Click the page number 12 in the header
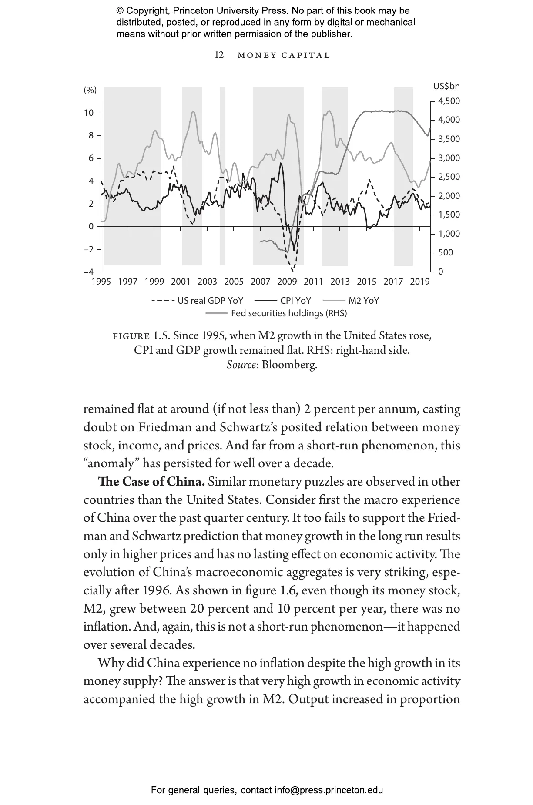tap(219, 55)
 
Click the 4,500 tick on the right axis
tap(449, 101)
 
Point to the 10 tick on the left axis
tap(89, 113)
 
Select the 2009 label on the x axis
tap(287, 282)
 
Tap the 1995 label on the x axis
tap(101, 282)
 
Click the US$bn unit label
tap(446, 87)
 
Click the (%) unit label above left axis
tap(90, 90)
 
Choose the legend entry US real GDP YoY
tap(210, 301)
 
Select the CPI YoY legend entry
tap(295, 301)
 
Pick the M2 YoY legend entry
tap(363, 301)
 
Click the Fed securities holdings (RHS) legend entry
tap(289, 313)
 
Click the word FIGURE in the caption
tap(131, 336)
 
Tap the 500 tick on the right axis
tap(446, 253)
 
